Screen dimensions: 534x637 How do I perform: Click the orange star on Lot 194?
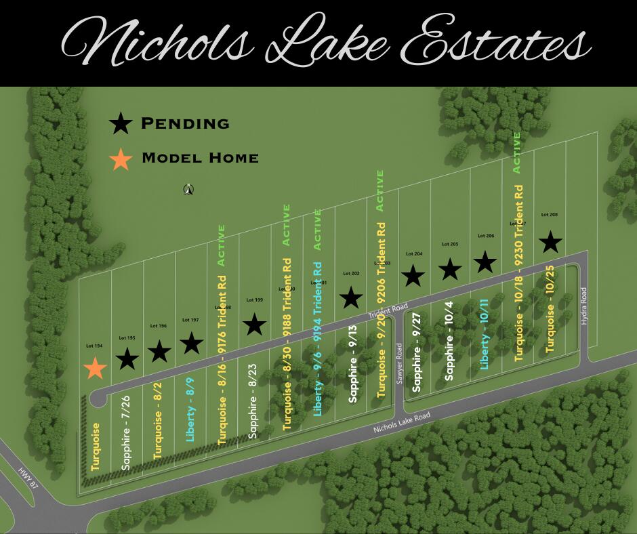96,368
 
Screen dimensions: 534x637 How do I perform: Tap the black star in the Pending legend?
121,123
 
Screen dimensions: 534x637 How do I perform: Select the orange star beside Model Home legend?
121,159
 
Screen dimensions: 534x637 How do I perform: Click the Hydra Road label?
583,306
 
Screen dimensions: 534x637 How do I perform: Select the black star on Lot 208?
550,242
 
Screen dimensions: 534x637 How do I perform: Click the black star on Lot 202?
350,297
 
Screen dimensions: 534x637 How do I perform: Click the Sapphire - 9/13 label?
352,364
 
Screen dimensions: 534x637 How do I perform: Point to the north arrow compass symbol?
189,190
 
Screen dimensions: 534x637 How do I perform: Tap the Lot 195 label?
127,337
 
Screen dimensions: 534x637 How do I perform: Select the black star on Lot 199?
253,325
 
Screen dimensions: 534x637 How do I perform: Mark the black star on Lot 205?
450,269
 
